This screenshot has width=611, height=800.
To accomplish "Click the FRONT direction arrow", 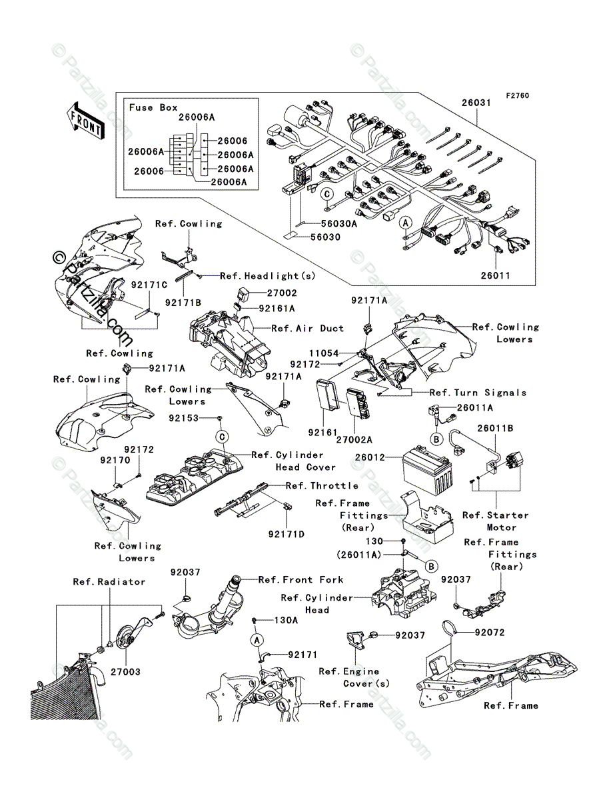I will pos(85,119).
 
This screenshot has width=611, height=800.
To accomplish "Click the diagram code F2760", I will pos(516,96).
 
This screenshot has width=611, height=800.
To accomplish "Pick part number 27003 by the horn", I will pos(125,672).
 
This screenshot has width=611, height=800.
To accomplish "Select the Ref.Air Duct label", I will pos(307,328).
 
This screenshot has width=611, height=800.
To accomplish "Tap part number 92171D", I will pos(287,534).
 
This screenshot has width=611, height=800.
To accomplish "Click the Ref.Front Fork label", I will pos(301,579).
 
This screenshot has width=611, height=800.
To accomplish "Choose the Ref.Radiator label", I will pos(109,582).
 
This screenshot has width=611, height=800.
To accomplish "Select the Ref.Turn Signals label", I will pos(478,393).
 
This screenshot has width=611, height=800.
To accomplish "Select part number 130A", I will pos(287,619).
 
